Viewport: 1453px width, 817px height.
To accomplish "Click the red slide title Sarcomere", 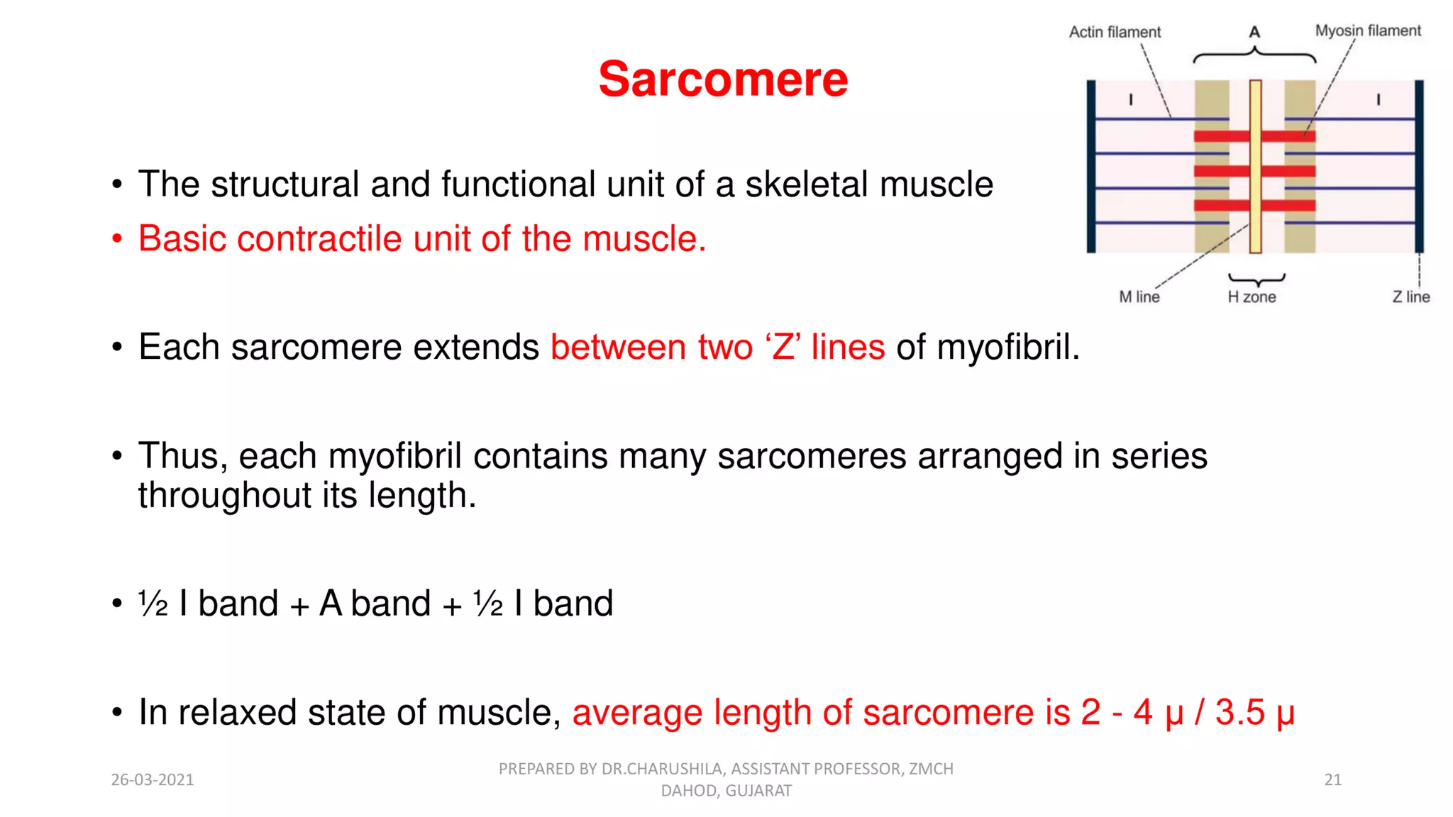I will [x=723, y=79].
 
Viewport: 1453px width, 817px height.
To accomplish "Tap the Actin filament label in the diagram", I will [x=1115, y=32].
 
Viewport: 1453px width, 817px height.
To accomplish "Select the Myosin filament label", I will [x=1368, y=30].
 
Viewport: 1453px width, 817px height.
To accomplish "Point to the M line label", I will [x=1139, y=297].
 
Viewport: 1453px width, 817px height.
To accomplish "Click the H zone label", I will [x=1252, y=297].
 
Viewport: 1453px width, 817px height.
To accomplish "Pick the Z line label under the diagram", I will [x=1410, y=297].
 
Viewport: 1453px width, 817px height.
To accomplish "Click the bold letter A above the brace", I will [x=1254, y=33].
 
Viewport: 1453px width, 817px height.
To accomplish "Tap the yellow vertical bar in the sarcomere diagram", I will [x=1255, y=166].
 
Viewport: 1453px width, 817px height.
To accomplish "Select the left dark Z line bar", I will [x=1091, y=166].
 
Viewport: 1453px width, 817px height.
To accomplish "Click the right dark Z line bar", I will [x=1419, y=166].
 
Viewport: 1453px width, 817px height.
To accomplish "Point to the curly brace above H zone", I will [x=1256, y=279].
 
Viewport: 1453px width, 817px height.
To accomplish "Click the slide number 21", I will [x=1332, y=780].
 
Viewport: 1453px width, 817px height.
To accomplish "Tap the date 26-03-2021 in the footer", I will [x=152, y=780].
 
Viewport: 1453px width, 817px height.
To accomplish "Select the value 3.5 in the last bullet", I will [x=1239, y=712].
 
